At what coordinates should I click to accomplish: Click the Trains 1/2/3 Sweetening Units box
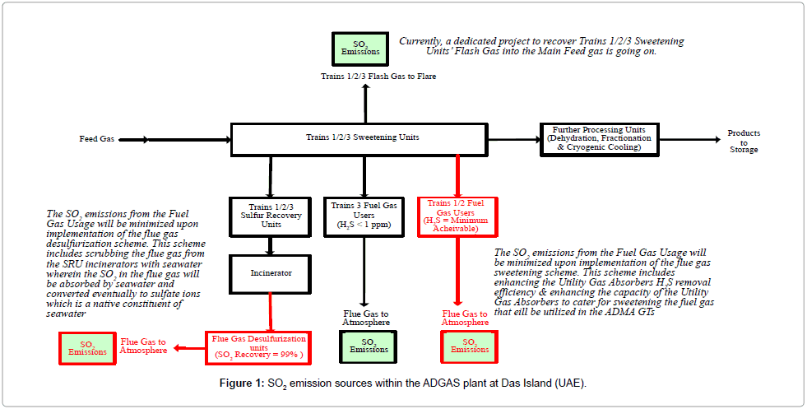[x=363, y=138]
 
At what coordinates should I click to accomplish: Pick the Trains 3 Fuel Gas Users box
[x=363, y=214]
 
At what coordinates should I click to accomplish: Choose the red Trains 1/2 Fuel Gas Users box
[x=456, y=216]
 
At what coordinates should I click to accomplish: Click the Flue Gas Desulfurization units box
[x=259, y=346]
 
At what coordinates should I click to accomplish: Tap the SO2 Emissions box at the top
[x=359, y=48]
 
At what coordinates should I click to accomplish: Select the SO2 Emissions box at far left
[x=87, y=346]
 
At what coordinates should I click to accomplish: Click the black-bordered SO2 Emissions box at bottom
[x=368, y=346]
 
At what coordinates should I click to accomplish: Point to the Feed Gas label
[x=95, y=140]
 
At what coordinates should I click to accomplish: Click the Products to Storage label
[x=743, y=141]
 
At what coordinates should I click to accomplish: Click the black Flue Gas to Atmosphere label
[x=366, y=318]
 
